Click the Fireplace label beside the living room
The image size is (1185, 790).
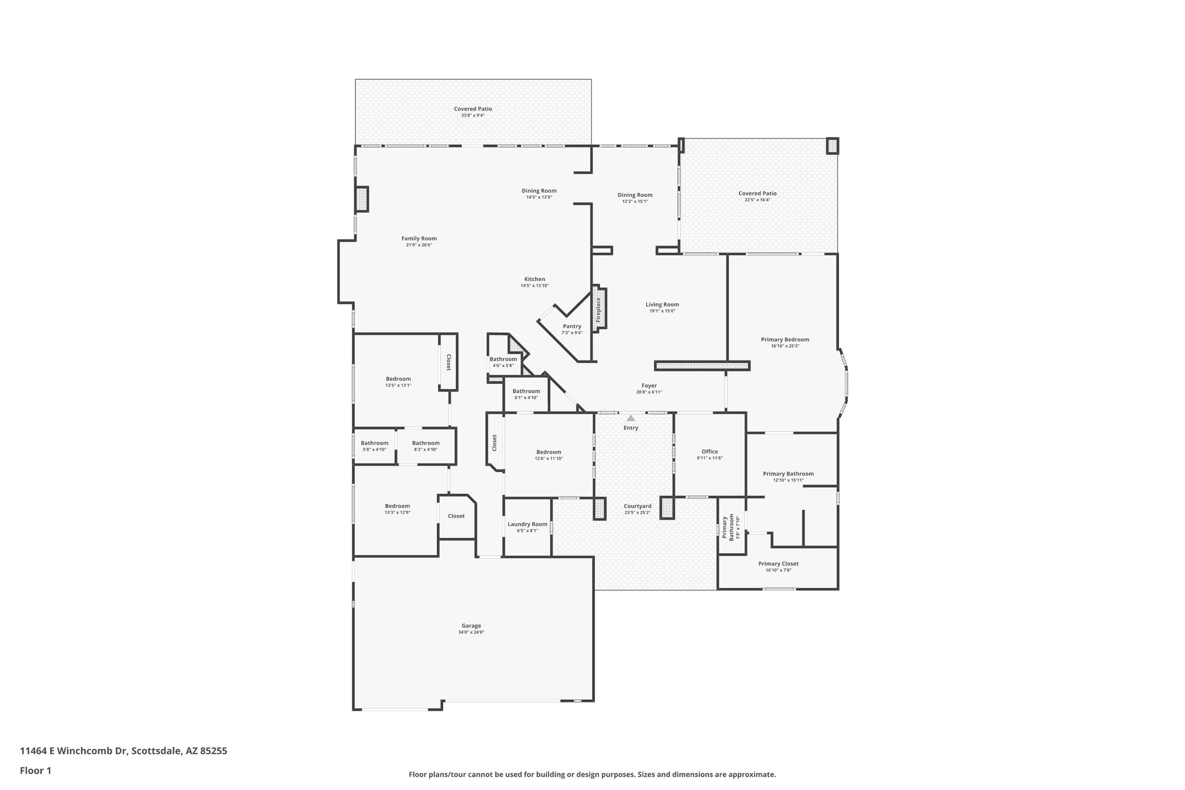pyautogui.click(x=598, y=310)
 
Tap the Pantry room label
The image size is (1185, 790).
pyautogui.click(x=572, y=326)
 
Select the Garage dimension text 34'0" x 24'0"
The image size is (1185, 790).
pyautogui.click(x=471, y=632)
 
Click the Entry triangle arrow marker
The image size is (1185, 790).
pyautogui.click(x=631, y=417)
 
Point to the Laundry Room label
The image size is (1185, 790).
pyautogui.click(x=527, y=524)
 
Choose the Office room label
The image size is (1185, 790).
pyautogui.click(x=709, y=451)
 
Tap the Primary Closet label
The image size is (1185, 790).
pyautogui.click(x=778, y=564)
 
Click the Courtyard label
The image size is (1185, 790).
pyautogui.click(x=638, y=506)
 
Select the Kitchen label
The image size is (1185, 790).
pyautogui.click(x=535, y=279)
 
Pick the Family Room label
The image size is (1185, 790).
pyautogui.click(x=419, y=238)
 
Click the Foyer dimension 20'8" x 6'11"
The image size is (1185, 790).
pyautogui.click(x=649, y=392)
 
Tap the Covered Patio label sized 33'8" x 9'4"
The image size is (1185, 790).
pyautogui.click(x=473, y=109)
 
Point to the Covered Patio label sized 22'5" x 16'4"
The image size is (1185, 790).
pyautogui.click(x=757, y=193)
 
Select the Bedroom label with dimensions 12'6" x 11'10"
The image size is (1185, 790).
pyautogui.click(x=549, y=452)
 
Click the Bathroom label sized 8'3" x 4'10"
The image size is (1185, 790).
pyautogui.click(x=426, y=443)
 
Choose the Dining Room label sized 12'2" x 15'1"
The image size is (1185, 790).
pyautogui.click(x=635, y=195)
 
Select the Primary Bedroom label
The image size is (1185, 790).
pyautogui.click(x=785, y=340)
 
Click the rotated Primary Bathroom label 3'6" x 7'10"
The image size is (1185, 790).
pyautogui.click(x=727, y=527)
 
